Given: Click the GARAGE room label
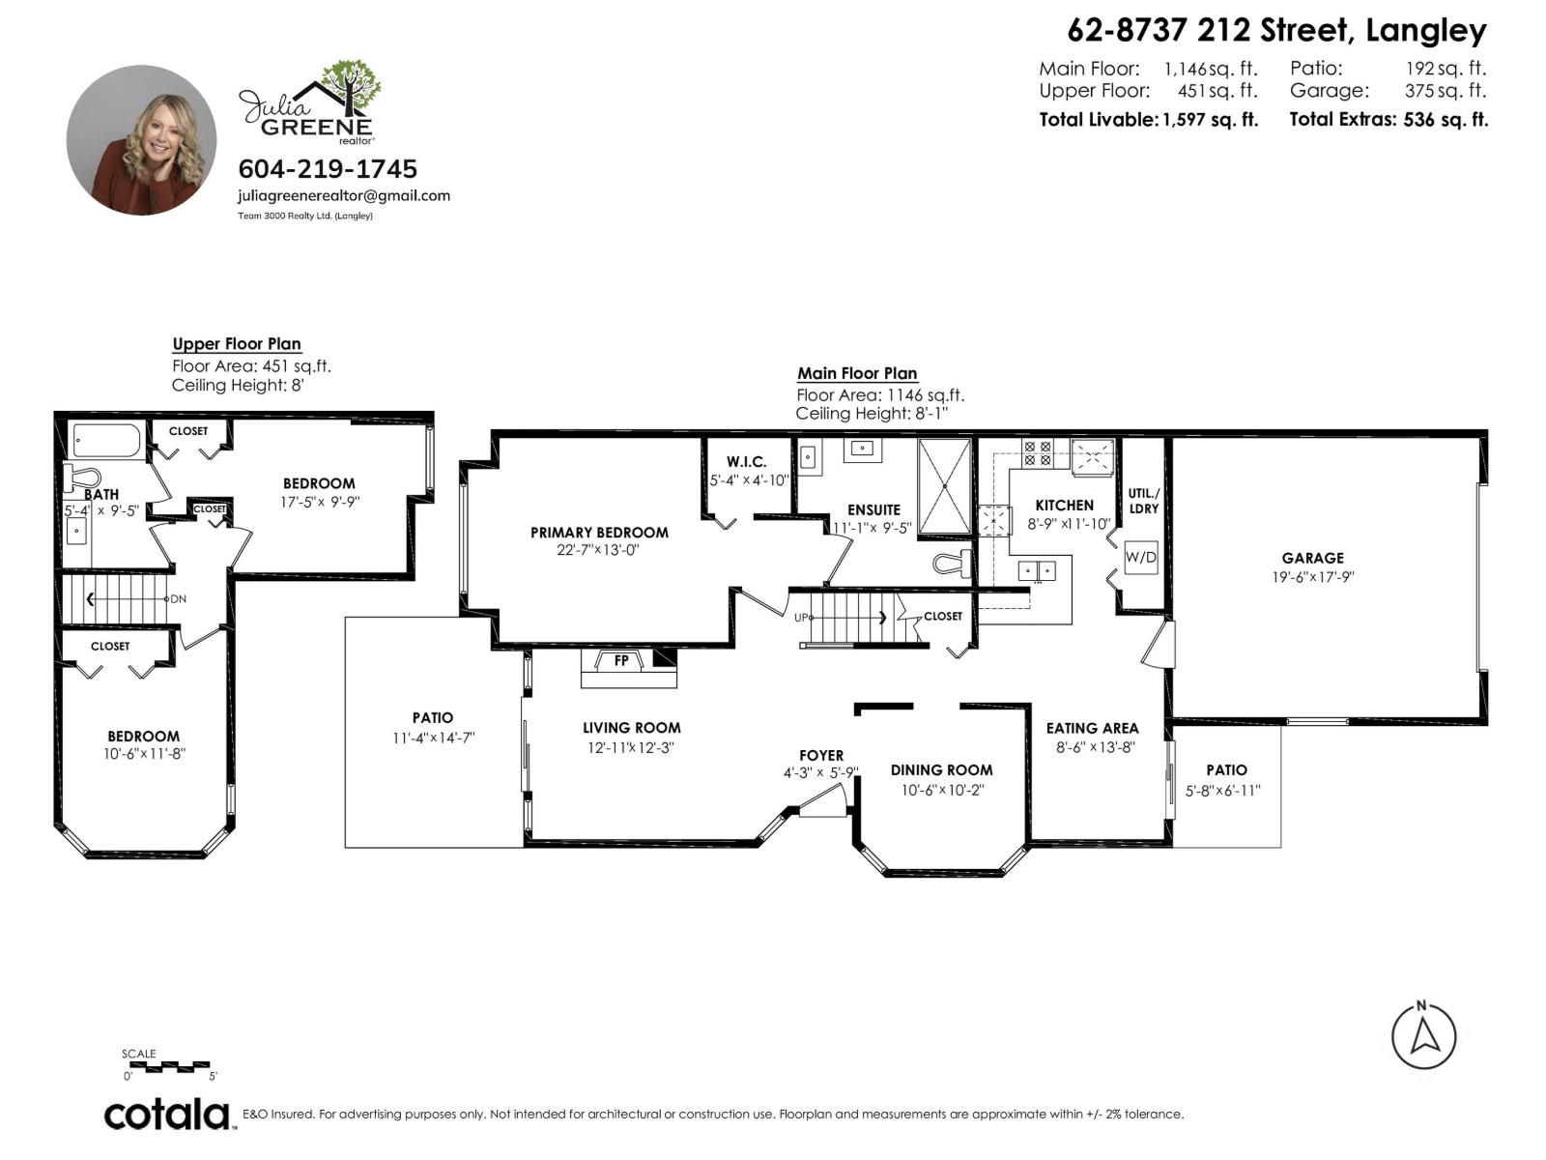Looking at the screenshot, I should [1312, 558].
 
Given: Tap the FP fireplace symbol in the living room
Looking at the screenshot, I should [621, 661].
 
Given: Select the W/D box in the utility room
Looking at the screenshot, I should [1140, 558].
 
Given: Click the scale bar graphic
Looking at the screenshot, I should [169, 1066].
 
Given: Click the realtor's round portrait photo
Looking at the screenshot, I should [141, 140].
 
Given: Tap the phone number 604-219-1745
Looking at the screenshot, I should [328, 169].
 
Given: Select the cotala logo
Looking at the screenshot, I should [167, 1114].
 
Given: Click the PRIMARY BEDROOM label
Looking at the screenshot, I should [599, 533].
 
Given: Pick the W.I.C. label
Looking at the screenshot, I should [746, 462].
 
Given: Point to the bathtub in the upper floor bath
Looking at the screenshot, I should [107, 441].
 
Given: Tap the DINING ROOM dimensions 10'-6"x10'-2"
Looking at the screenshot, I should [941, 790].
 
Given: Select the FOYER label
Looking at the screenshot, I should [821, 755].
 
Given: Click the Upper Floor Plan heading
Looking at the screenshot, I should [237, 344].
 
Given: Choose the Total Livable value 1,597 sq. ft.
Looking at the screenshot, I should [1210, 120].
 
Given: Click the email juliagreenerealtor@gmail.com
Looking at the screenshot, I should [344, 195].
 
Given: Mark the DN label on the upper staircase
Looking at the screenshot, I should [179, 599].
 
